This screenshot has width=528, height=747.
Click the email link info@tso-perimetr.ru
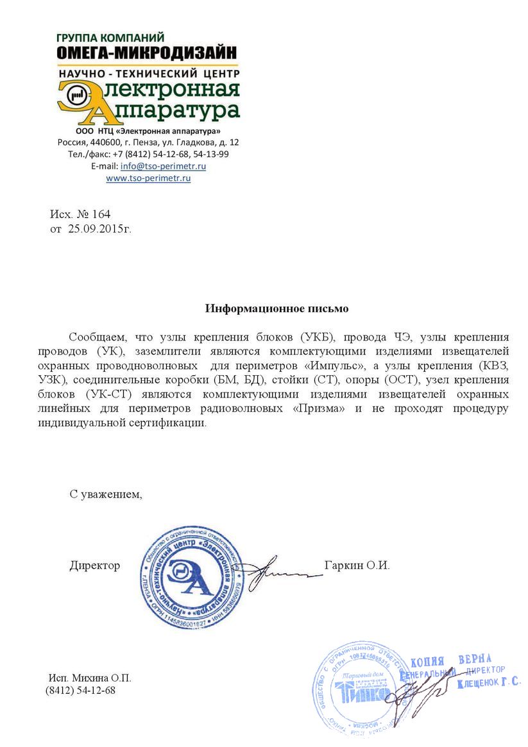pos(163,165)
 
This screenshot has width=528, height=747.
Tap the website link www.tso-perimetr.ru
pos(148,178)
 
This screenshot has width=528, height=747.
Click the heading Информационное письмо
pos(277,308)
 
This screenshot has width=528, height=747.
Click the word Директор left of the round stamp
pos(95,566)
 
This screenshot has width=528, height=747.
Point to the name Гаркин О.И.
pos(357,566)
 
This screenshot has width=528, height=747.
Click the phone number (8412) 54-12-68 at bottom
pos(80,691)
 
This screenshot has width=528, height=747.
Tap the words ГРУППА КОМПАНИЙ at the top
pos(110,37)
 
